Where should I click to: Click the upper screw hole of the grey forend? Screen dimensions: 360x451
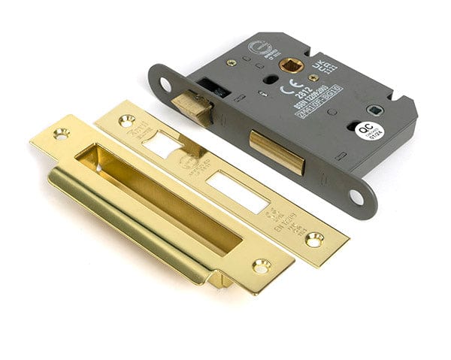pos(165,83)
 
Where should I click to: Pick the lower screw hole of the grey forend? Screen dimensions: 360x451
pos(356,198)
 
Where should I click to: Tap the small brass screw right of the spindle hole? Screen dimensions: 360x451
pos(313,77)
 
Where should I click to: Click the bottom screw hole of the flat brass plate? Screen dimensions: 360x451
pos(313,239)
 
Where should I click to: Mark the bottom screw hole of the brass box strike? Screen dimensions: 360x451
pos(262,265)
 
